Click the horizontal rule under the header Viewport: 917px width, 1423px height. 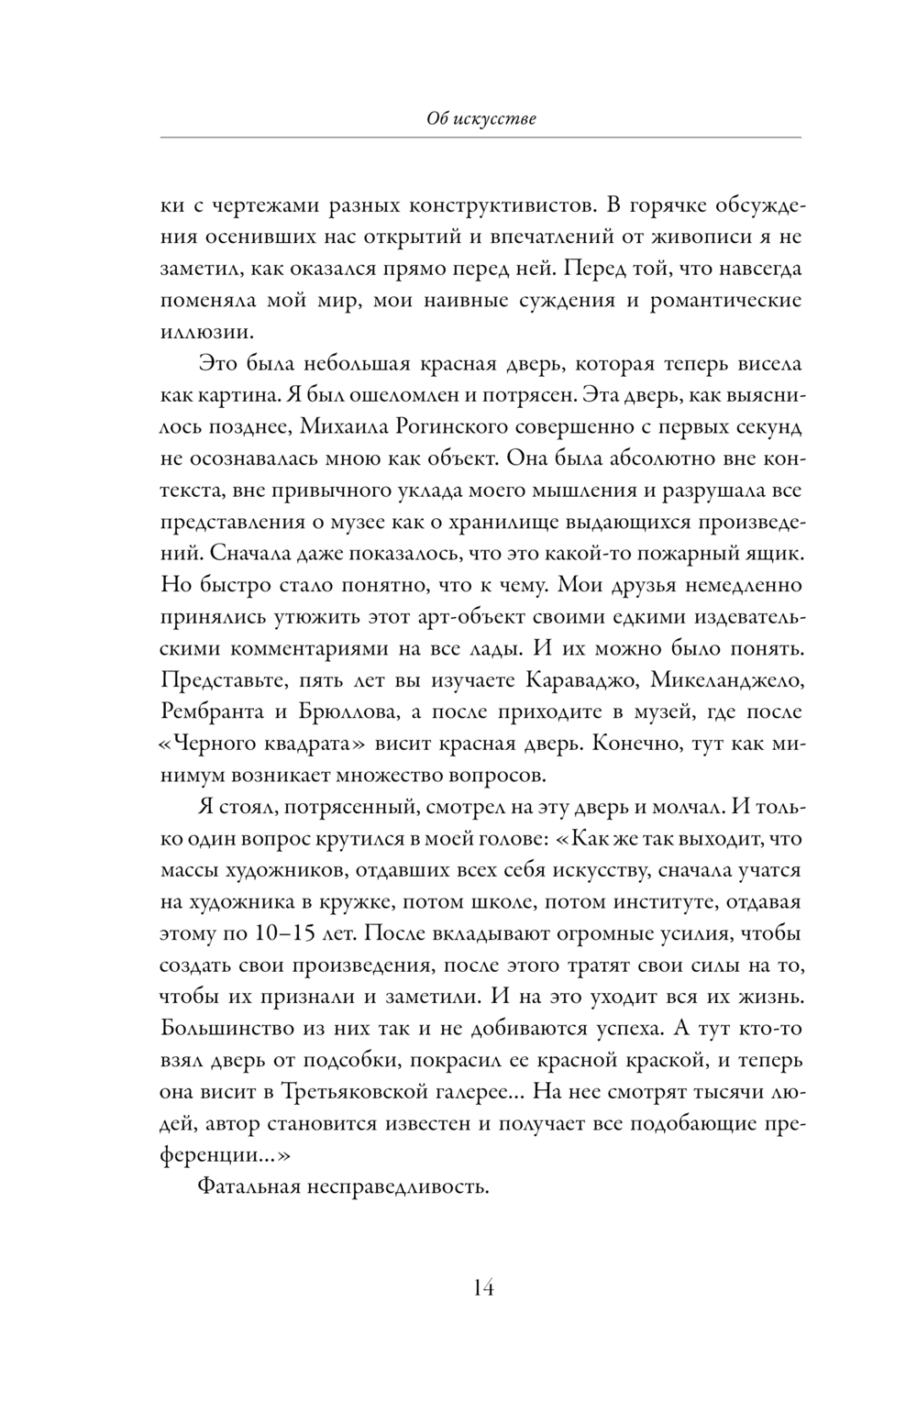coord(481,138)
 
